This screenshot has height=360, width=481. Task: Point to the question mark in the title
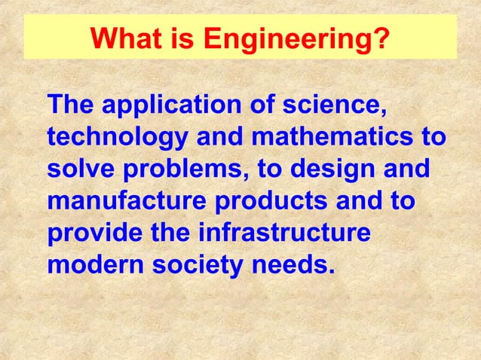384,37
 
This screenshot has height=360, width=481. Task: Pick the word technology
117,140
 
